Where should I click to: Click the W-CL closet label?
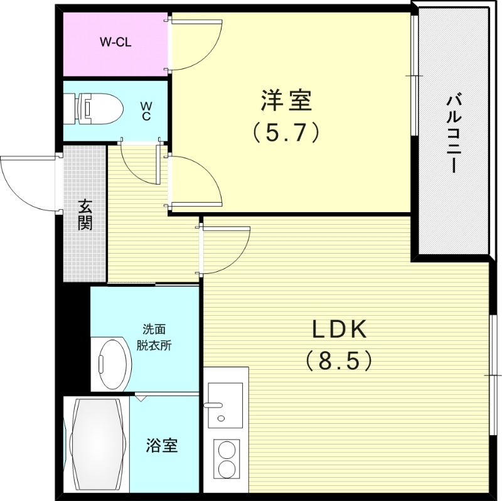point(115,43)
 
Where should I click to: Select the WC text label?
point(145,110)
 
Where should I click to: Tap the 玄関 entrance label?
point(85,215)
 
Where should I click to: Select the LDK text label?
point(339,329)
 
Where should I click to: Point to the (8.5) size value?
point(339,360)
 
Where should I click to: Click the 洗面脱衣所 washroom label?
point(154,337)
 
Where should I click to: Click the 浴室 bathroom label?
point(162,446)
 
